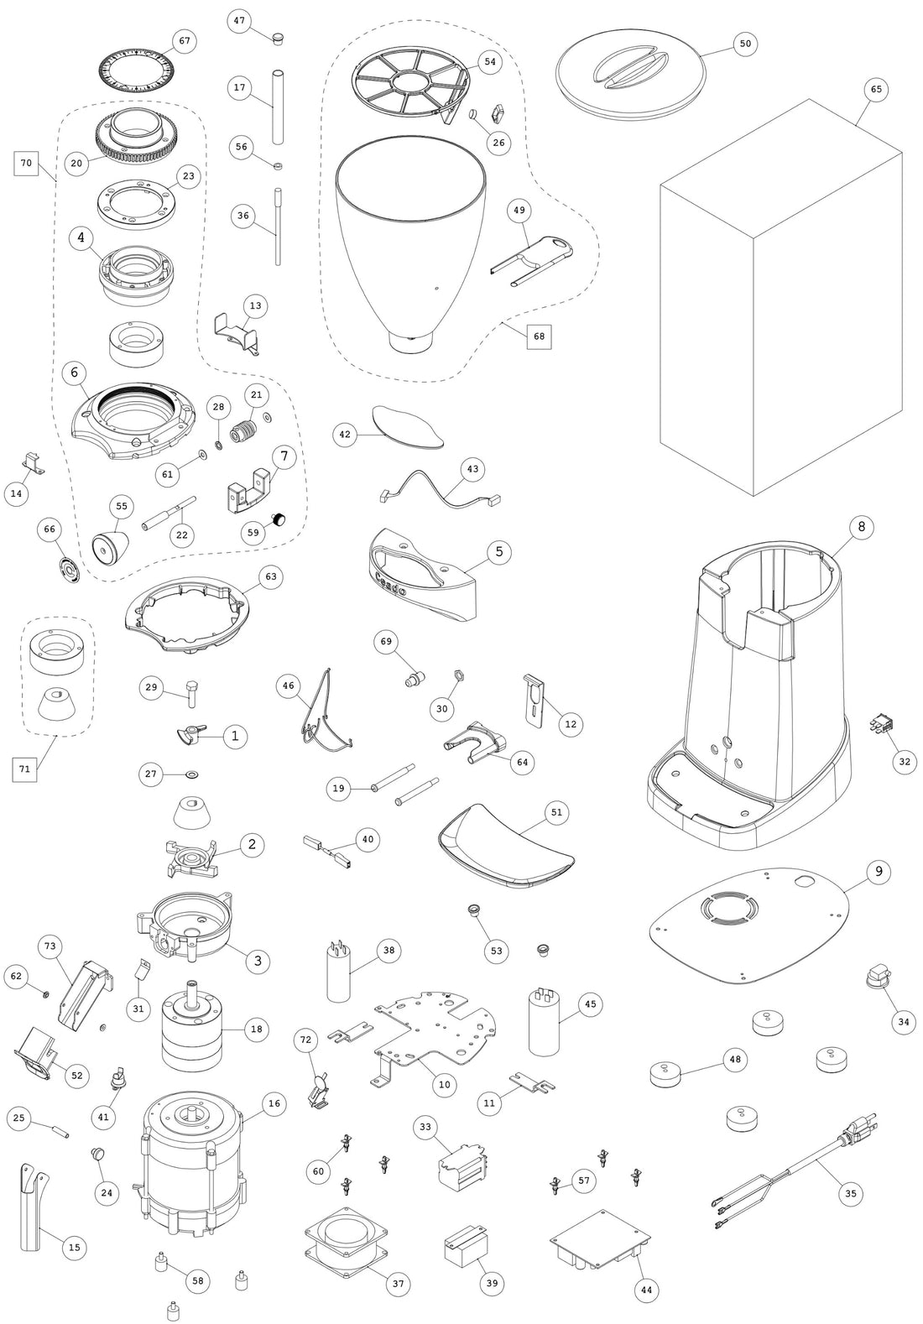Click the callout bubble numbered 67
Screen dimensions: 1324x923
coord(185,40)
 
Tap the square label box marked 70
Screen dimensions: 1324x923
coord(26,163)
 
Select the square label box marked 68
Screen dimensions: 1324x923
coord(539,336)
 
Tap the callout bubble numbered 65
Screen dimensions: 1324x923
coord(876,89)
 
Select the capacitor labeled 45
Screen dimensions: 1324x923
coord(544,1021)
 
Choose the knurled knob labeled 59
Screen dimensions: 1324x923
coord(278,521)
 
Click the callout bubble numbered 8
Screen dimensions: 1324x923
coord(861,527)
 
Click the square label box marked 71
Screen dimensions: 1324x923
coord(26,768)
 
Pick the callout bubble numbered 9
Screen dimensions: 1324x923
coord(879,872)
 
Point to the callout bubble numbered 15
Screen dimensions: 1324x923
coord(75,1248)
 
